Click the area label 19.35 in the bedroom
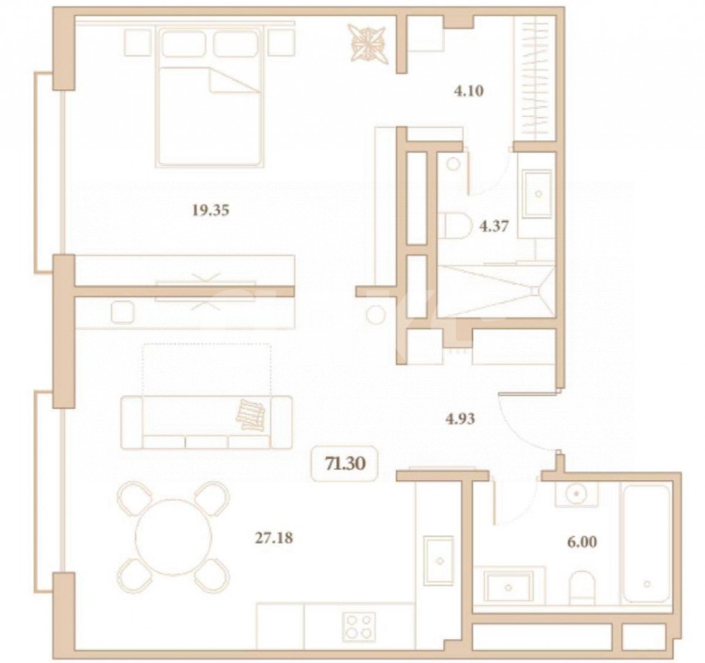point(210,211)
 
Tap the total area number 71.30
point(345,463)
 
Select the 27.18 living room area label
point(274,539)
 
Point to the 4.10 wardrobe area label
point(468,91)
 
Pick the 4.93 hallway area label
point(460,420)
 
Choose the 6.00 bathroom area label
point(582,543)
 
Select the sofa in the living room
point(206,422)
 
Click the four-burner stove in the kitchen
point(358,627)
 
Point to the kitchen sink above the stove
point(439,559)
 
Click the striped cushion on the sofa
point(252,414)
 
